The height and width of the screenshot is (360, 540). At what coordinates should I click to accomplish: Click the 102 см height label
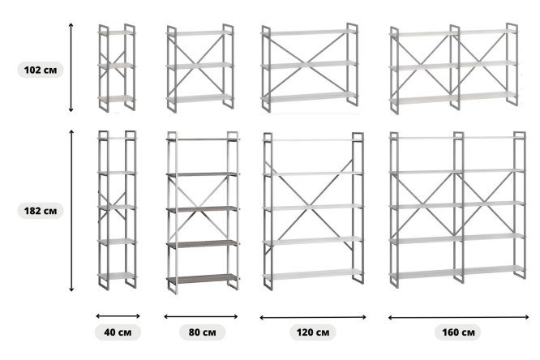pos(41,70)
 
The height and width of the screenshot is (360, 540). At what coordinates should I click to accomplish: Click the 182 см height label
pos(41,211)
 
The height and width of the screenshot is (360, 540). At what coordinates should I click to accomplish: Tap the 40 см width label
pos(118,332)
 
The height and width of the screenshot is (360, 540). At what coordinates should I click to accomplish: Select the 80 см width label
pos(202,332)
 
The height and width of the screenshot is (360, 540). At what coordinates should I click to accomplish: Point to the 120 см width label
pos(313,332)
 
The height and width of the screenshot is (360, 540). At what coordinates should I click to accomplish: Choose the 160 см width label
pos(458,332)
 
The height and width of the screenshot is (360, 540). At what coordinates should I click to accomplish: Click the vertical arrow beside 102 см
pos(71,67)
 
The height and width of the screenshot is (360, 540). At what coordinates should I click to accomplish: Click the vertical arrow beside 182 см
pos(71,211)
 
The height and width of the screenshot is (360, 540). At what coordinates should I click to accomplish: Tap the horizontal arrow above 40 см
pos(118,316)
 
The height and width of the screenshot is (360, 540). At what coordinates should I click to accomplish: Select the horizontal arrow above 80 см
pos(201,316)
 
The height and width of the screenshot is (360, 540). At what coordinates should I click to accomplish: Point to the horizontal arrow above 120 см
pos(313,317)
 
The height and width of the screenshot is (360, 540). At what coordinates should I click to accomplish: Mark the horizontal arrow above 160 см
pos(458,317)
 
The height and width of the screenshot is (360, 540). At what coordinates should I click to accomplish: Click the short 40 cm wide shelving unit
pos(117,68)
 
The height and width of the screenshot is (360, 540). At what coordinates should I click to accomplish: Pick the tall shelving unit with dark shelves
pos(203,212)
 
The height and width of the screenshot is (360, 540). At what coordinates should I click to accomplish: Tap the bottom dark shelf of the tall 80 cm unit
pos(203,279)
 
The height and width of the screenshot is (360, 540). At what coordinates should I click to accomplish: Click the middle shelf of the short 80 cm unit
pos(199,66)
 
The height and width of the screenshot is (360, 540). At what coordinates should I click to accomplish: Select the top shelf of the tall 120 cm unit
pos(313,140)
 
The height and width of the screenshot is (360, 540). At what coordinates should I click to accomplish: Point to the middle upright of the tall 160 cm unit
pos(458,207)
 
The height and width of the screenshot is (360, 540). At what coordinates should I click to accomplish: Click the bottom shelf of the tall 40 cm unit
pos(118,276)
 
